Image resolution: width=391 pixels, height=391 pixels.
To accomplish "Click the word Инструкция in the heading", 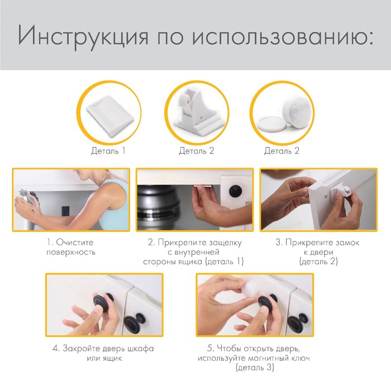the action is [x=83, y=35].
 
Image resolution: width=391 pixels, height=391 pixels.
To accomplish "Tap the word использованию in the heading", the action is [x=282, y=35].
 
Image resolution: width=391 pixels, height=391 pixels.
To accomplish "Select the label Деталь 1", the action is [x=108, y=151].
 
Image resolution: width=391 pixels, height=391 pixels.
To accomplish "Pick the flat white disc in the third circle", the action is [x=273, y=123].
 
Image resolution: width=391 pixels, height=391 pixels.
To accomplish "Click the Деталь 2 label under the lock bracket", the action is [x=197, y=151].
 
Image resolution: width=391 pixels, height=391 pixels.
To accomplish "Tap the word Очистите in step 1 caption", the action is [x=74, y=242].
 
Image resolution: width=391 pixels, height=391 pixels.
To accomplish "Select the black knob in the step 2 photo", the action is [x=235, y=191].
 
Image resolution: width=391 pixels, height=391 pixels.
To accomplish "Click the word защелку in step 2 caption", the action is [x=225, y=242].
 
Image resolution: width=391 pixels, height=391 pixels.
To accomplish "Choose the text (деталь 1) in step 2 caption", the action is [x=224, y=261].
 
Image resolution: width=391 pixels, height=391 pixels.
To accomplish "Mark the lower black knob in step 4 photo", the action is [x=135, y=322].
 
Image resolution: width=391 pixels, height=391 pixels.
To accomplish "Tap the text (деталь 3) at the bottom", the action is [x=255, y=368].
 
